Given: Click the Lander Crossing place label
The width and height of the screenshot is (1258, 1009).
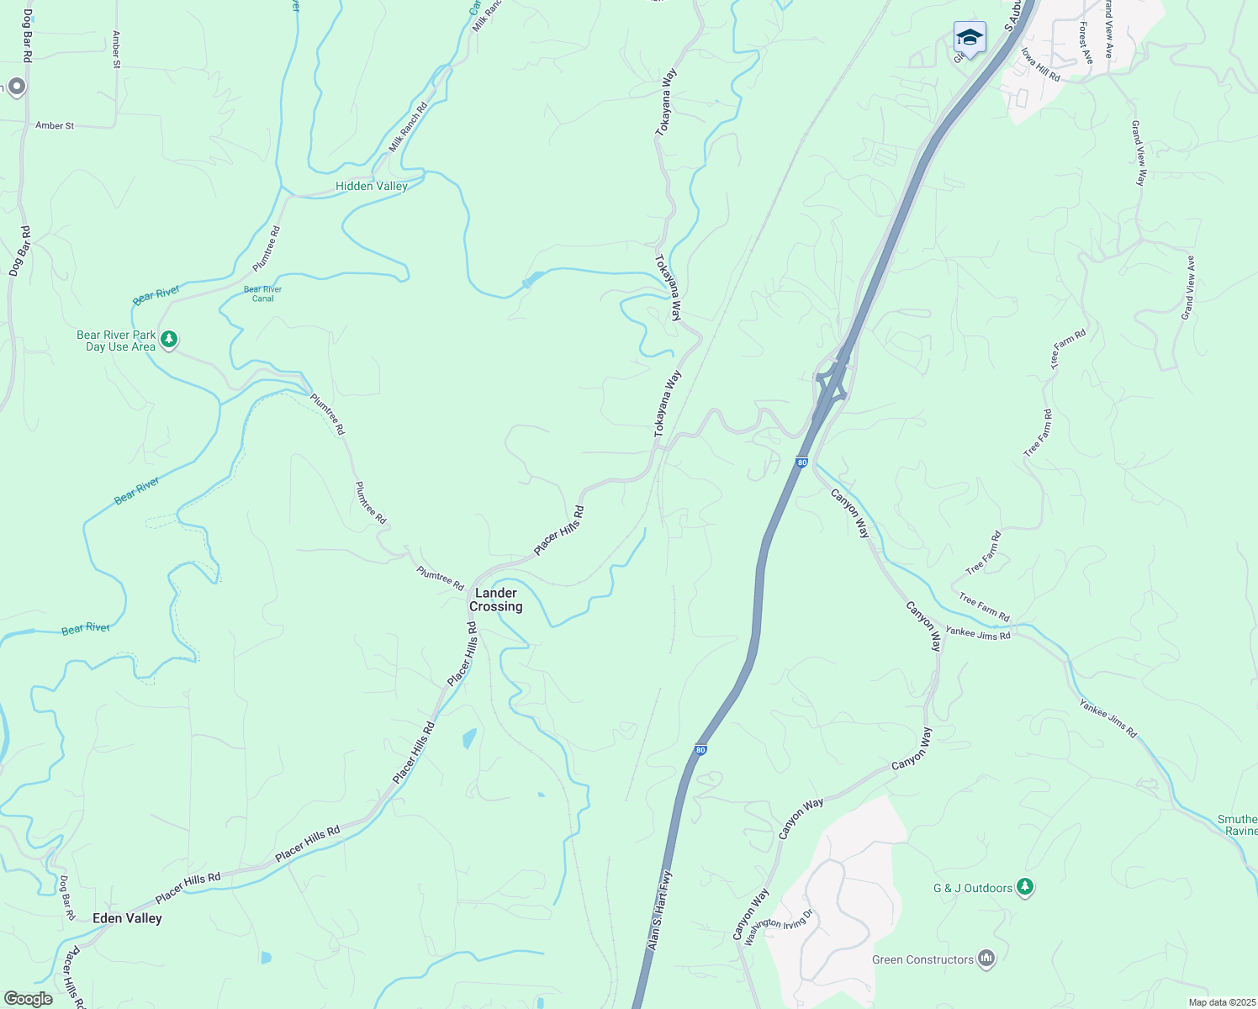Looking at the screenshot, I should point(495,600).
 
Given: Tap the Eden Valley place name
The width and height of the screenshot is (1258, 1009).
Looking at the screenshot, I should point(127,918).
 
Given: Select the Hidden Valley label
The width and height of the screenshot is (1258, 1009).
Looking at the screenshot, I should point(371,186).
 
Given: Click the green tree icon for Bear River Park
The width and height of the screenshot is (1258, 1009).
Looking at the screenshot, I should point(170,340).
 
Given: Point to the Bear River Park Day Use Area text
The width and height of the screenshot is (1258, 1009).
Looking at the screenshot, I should point(116,341).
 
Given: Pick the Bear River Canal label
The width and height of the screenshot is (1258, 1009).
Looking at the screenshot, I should point(262,293).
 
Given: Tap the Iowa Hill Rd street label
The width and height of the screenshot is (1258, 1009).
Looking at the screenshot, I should point(1040,64).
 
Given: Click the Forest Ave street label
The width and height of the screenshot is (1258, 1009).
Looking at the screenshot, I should point(1086,43).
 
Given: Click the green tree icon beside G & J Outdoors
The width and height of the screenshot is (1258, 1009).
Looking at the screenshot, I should point(1024,886).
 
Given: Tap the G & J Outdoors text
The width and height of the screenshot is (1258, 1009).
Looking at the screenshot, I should point(972,888).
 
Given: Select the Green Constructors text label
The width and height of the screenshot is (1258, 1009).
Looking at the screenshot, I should point(922,959).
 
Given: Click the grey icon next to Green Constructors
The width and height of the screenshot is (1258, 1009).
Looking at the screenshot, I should point(986,959).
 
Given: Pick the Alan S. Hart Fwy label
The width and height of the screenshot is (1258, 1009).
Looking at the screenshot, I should point(659,911).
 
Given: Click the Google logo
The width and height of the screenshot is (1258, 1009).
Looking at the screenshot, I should point(28,999).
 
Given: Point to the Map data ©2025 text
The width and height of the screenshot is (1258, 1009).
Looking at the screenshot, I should point(1221,1002).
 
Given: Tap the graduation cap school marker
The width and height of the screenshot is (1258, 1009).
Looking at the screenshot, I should point(970,38).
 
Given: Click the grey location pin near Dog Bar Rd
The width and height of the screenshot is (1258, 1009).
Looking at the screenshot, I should point(15,87).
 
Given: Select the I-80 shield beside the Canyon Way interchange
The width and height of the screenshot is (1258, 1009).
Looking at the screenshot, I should point(801,462).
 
